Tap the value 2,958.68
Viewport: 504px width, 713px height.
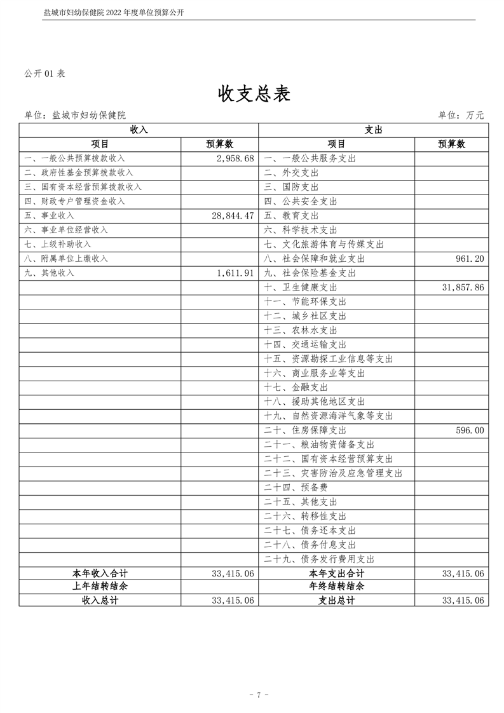[235, 158]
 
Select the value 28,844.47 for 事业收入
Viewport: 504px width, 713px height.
[233, 215]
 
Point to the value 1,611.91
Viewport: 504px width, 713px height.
[235, 273]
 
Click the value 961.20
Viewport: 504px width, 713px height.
[470, 259]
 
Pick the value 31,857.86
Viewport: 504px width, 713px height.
[463, 287]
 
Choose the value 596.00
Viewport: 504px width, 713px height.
[470, 430]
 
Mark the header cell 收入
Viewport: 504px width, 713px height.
[139, 130]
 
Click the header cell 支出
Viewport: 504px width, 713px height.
[373, 130]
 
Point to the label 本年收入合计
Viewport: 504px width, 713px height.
[100, 573]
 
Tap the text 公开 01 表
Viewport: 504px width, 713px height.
[44, 73]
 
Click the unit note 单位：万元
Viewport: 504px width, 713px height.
[461, 115]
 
